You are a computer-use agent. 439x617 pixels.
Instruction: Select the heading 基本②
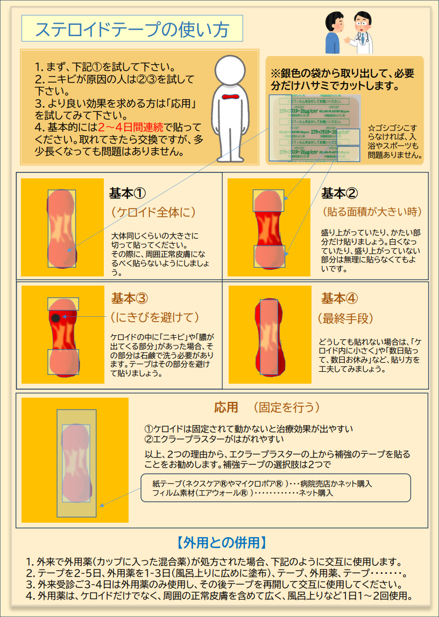point(339,192)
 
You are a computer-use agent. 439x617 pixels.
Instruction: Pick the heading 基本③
point(130,298)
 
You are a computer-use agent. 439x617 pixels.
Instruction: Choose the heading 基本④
point(339,298)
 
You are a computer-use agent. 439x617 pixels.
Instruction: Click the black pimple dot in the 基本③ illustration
point(56,318)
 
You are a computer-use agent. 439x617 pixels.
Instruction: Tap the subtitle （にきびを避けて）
point(155,317)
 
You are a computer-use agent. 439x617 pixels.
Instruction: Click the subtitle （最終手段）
point(345,318)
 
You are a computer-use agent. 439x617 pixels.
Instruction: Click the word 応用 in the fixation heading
point(225,407)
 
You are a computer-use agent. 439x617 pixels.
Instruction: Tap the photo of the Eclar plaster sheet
point(314,129)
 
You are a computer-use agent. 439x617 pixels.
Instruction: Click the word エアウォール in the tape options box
point(213,493)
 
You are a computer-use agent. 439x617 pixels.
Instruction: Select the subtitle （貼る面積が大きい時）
point(371,211)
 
